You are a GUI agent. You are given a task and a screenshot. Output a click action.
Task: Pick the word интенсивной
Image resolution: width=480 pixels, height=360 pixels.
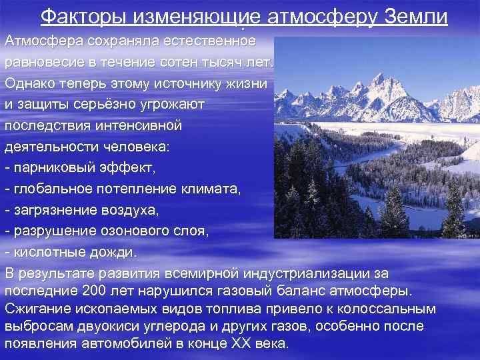click(x=132, y=125)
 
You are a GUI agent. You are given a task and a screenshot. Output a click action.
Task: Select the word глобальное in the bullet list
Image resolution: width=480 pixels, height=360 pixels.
click(x=51, y=189)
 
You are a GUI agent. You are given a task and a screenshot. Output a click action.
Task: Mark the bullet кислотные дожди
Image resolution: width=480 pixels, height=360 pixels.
click(x=70, y=253)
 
